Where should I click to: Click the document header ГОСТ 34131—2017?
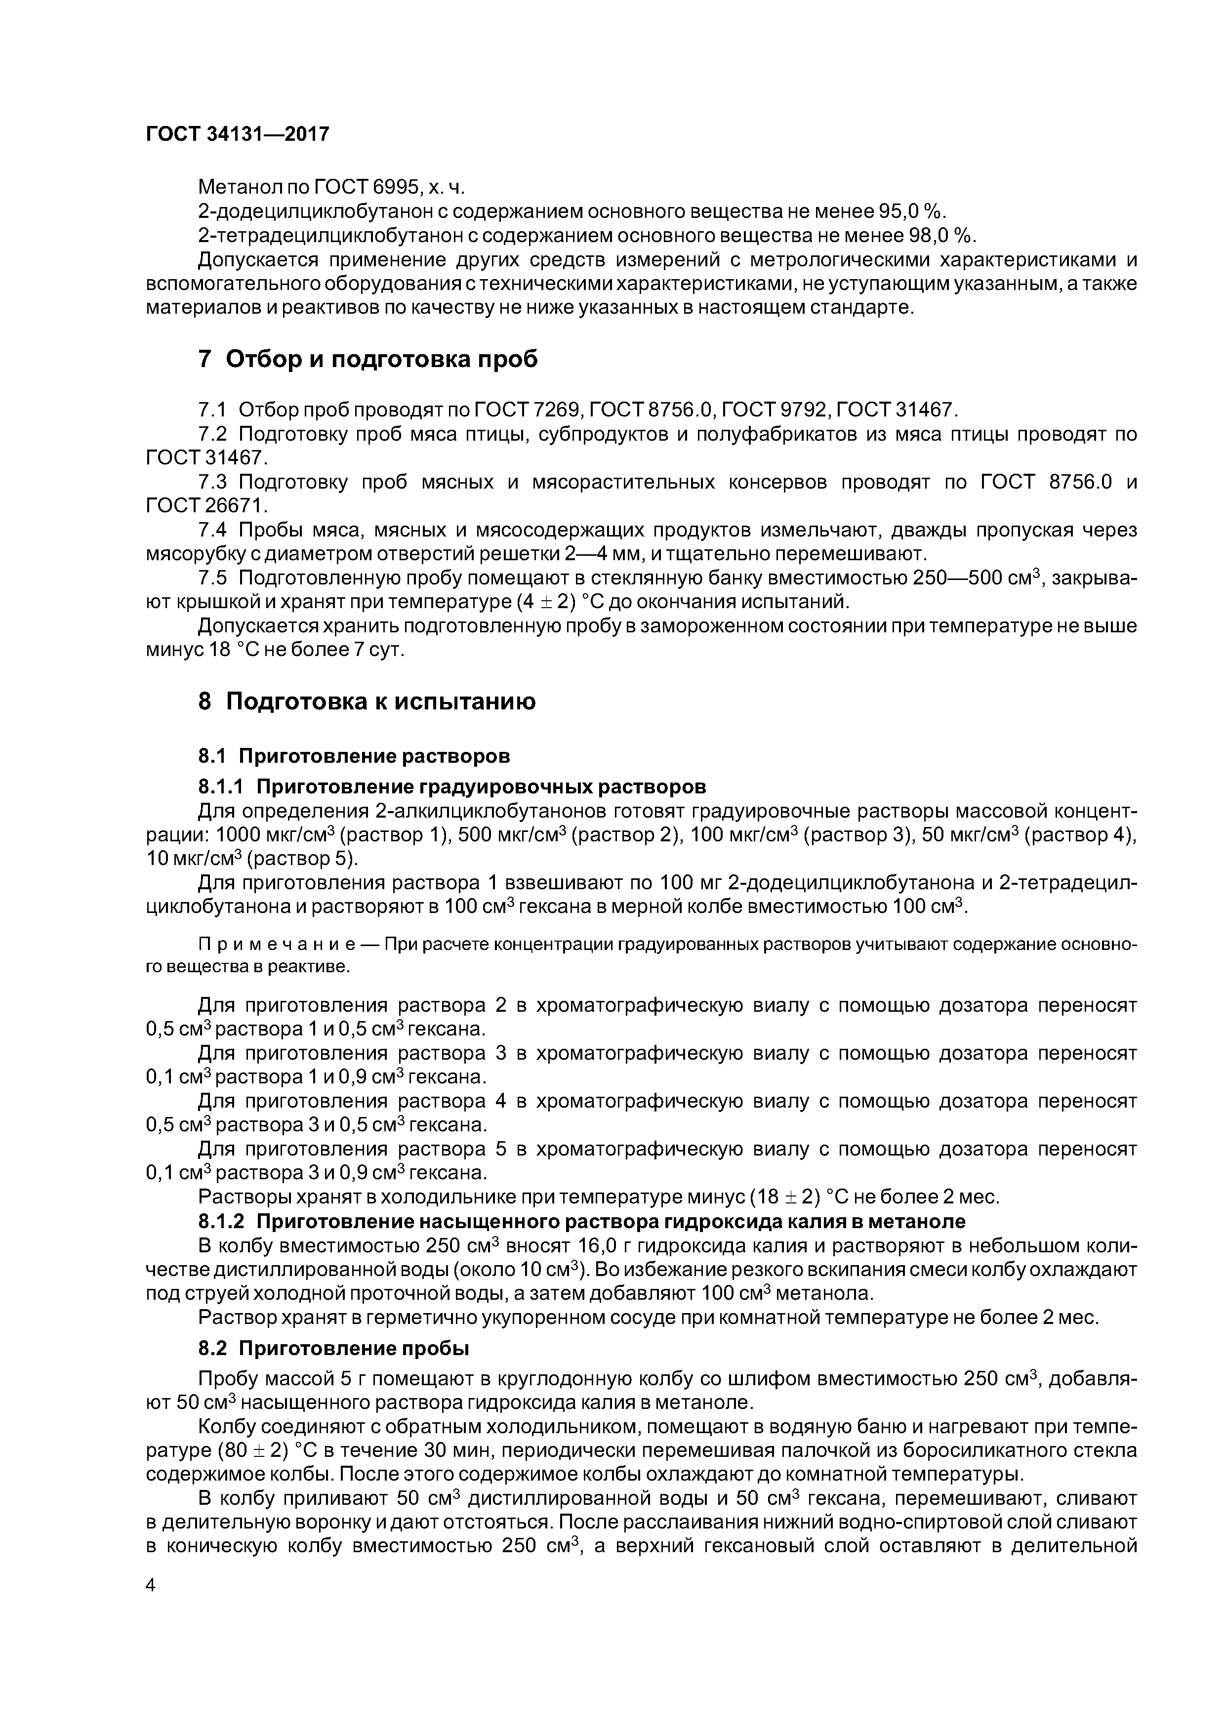click(x=238, y=134)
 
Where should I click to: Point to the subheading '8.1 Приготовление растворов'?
click(x=354, y=755)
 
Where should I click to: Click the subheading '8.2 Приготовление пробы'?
click(x=333, y=1348)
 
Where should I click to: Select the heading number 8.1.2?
click(x=221, y=1221)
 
